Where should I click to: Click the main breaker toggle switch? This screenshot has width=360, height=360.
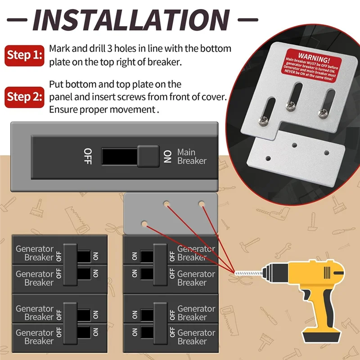pyautogui.click(x=148, y=157)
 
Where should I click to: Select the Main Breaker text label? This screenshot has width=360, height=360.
pyautogui.click(x=192, y=157)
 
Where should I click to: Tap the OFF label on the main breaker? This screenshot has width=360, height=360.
pyautogui.click(x=88, y=156)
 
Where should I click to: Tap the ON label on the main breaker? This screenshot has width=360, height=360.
pyautogui.click(x=167, y=157)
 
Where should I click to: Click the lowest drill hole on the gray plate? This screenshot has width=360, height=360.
pyautogui.click(x=145, y=223)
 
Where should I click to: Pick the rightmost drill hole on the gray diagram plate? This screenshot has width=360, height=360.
pyautogui.click(x=201, y=204)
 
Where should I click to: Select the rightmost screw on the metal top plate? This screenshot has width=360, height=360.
pyautogui.click(x=322, y=113)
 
